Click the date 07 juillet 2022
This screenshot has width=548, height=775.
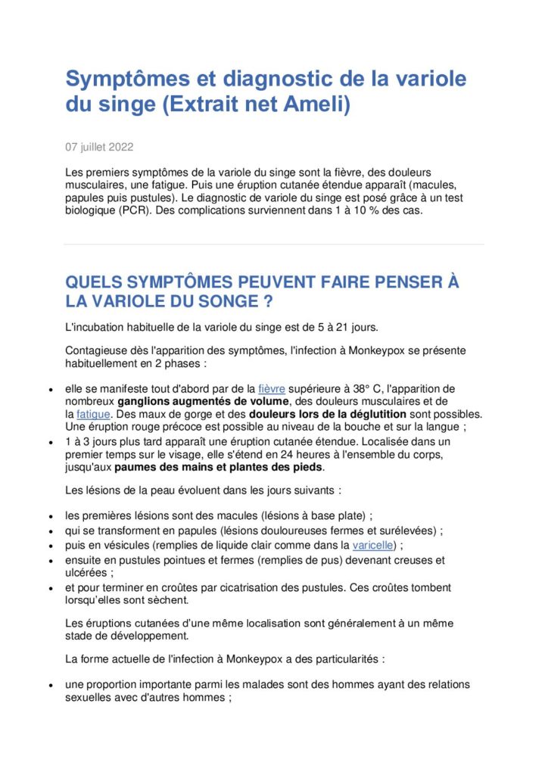pyautogui.click(x=101, y=146)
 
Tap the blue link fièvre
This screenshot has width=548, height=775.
pyautogui.click(x=272, y=389)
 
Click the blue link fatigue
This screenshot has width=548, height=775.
pyautogui.click(x=94, y=415)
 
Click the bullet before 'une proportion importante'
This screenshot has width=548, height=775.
pyautogui.click(x=50, y=686)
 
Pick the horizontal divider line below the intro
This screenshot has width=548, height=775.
pyautogui.click(x=273, y=244)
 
